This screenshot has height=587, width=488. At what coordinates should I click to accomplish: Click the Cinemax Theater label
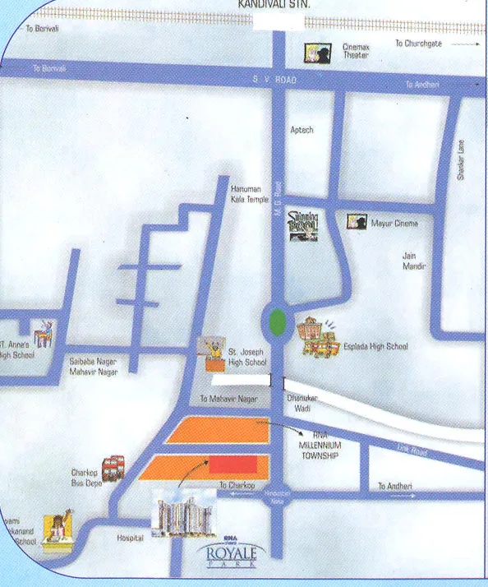tap(356, 53)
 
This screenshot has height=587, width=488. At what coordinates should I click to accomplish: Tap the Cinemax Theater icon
tap(314, 53)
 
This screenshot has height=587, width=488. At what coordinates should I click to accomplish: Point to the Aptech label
tap(302, 130)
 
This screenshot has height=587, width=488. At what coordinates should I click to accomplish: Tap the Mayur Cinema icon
tap(357, 222)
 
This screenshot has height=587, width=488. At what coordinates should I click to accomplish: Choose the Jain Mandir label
tap(414, 261)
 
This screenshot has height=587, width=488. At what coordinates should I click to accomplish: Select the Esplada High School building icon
tap(319, 338)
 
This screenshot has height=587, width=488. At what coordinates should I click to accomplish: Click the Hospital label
tap(130, 538)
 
